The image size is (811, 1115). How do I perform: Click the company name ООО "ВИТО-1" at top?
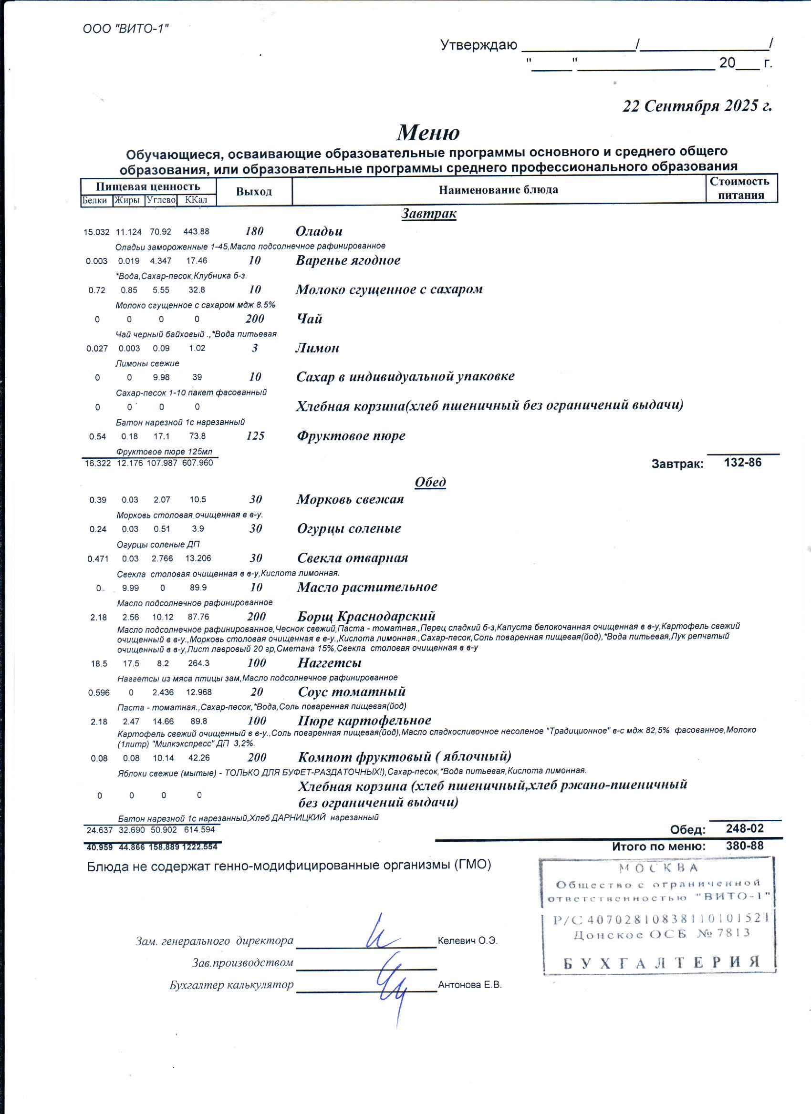click(125, 29)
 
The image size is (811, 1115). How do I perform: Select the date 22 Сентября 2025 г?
click(697, 106)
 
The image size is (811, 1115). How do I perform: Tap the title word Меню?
click(428, 132)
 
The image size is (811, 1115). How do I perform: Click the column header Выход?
click(254, 191)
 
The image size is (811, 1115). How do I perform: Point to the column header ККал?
click(196, 200)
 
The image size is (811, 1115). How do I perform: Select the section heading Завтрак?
click(429, 213)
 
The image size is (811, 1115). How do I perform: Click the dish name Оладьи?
click(319, 231)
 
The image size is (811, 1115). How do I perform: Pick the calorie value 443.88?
click(196, 232)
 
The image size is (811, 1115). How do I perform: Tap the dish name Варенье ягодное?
click(348, 260)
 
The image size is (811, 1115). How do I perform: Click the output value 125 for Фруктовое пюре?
click(255, 435)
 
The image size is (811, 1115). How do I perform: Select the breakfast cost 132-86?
click(743, 462)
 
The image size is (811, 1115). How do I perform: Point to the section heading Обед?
click(430, 482)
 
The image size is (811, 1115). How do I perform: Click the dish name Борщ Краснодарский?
click(366, 616)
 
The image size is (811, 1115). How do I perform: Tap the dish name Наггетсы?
click(330, 663)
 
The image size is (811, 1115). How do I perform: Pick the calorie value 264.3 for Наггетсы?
click(198, 663)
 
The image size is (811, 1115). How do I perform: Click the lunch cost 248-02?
click(745, 828)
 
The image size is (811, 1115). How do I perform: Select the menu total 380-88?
click(745, 846)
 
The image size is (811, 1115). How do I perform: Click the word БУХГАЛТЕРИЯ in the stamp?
click(662, 962)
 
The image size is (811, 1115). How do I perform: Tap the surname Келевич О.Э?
click(467, 940)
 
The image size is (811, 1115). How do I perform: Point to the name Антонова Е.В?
click(470, 985)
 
